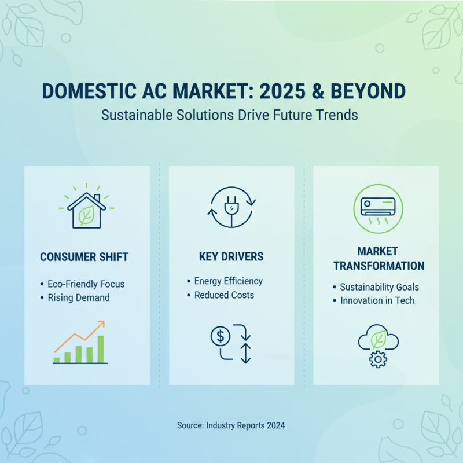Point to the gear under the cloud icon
click(377, 359)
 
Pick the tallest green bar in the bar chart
click(100, 348)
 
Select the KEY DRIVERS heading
click(231, 256)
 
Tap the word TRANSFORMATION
click(379, 266)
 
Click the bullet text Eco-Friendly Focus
click(86, 284)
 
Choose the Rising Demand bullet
click(79, 297)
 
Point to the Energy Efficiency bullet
click(228, 281)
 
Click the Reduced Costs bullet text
click(223, 295)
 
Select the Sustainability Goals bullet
click(379, 287)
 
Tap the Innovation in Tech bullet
click(377, 300)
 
